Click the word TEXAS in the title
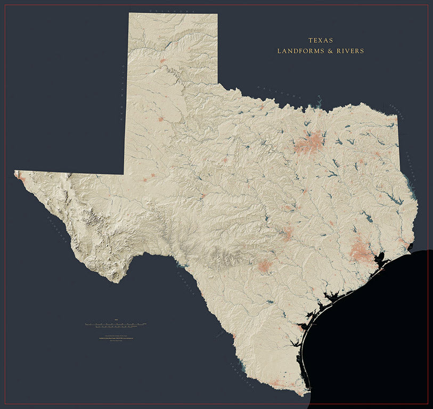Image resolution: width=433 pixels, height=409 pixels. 320,40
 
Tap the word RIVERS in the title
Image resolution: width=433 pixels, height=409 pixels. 349,51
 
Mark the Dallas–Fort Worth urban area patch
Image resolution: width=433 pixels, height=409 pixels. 310,143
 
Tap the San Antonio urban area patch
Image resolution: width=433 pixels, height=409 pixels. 264,266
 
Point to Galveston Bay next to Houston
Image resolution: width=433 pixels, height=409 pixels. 381,261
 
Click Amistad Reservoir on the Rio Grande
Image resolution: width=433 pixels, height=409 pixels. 182,264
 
